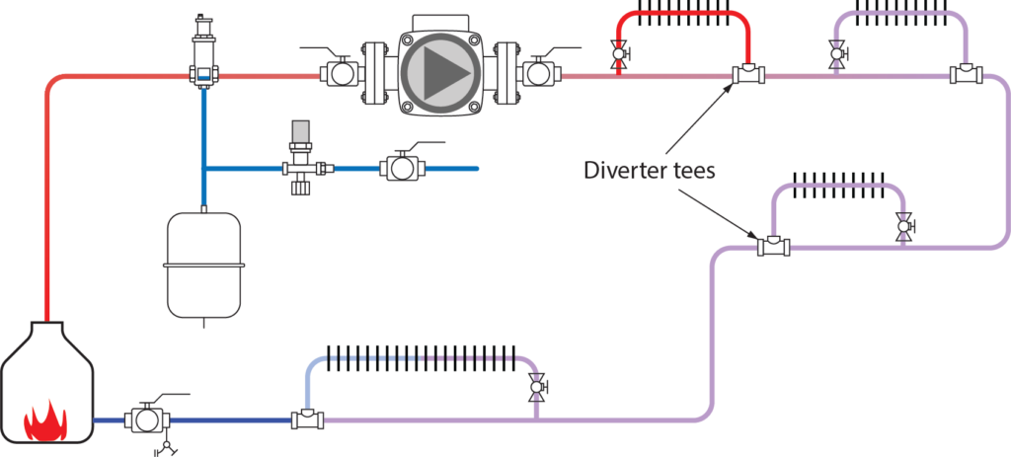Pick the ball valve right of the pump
(x=538, y=73)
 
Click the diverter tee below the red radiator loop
(x=744, y=74)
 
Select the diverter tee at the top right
(x=965, y=74)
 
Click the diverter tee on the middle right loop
(x=773, y=247)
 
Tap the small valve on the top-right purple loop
(x=837, y=53)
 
